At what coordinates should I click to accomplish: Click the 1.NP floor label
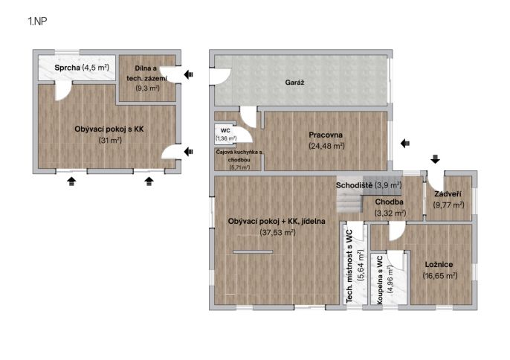coord(37,22)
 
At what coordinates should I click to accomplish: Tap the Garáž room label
coord(294,83)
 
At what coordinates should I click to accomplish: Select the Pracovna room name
coord(326,135)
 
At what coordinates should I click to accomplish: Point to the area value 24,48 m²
coord(326,146)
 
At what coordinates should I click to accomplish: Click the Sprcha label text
coord(67,68)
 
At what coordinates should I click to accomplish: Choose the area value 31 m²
coord(110,141)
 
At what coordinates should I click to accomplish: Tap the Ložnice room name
coord(439,264)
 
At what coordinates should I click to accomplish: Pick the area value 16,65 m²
coord(440,276)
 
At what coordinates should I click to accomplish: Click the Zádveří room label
coord(448,194)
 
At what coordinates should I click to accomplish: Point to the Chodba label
coord(389,202)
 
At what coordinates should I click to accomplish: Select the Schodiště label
coord(354,185)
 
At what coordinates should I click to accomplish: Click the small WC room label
coord(225,130)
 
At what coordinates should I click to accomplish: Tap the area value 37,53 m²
coord(277,232)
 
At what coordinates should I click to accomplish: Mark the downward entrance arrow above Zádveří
coord(435,159)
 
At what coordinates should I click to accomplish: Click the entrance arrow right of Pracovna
coord(405,144)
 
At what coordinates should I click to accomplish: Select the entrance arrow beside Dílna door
coord(189,74)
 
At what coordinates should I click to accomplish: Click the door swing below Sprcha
coord(63,91)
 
